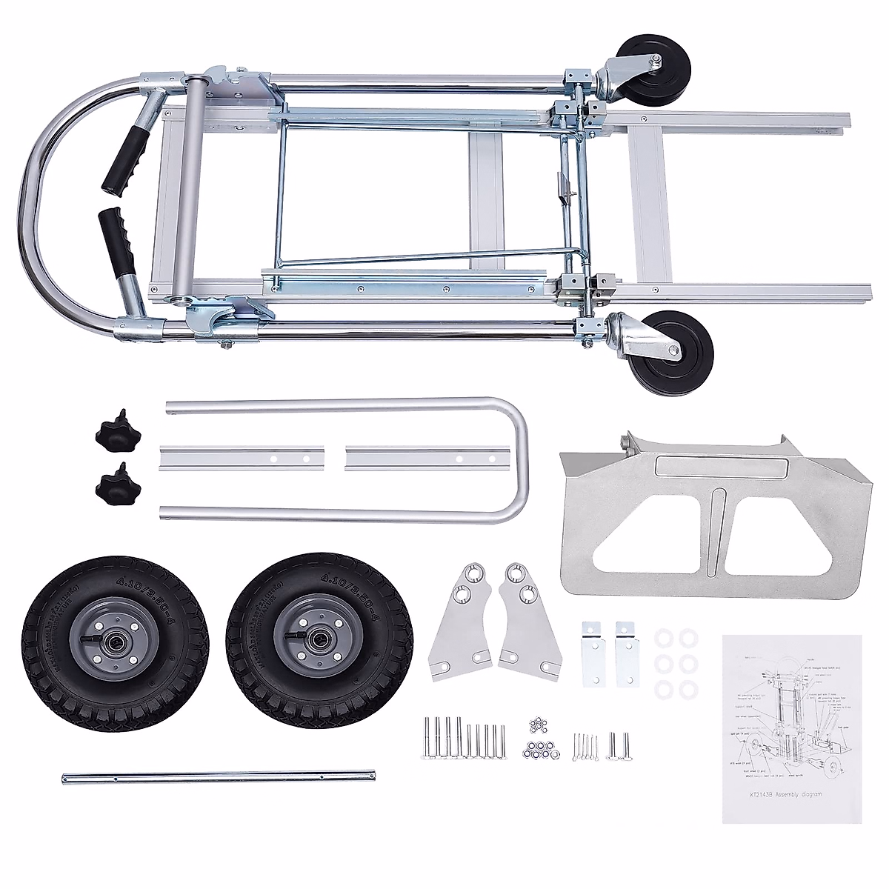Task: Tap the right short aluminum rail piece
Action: pyautogui.click(x=422, y=457)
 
